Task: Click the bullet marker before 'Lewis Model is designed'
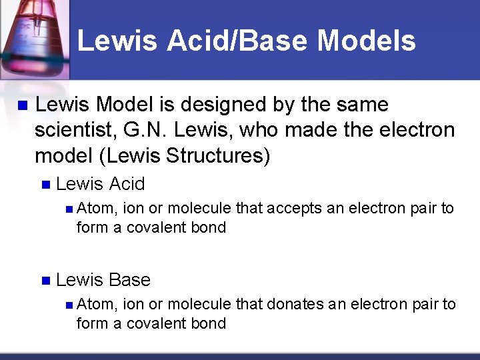pos(21,105)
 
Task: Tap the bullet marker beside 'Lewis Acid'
pos(45,185)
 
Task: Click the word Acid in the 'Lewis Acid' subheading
pos(126,184)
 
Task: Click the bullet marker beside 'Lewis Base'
pos(45,281)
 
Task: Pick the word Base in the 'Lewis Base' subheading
pos(129,280)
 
